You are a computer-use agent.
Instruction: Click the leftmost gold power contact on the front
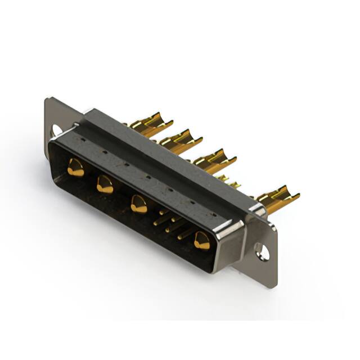[x=75, y=168]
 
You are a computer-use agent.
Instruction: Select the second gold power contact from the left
[x=105, y=184]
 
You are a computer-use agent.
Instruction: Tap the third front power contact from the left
[x=138, y=204]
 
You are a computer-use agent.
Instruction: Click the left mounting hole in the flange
[x=56, y=130]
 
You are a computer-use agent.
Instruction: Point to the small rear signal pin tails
[x=229, y=181]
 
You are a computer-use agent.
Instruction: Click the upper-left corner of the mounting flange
[x=48, y=101]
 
